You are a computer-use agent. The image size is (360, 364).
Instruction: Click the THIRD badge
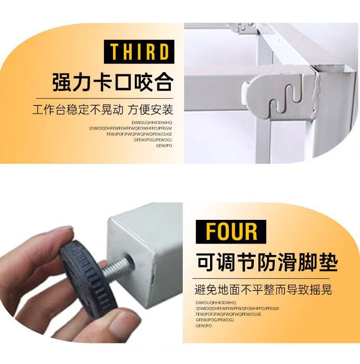[x=139, y=52]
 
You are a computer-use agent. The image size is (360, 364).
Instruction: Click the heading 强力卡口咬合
[x=113, y=83]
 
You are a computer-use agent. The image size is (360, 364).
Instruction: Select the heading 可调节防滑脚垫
[x=267, y=264]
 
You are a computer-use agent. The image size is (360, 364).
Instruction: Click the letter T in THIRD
[x=114, y=52]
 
